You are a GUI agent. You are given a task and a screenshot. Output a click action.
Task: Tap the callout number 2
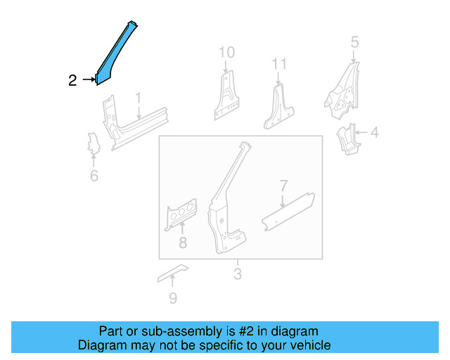pyautogui.click(x=72, y=81)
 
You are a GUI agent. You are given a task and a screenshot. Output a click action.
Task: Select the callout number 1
pyautogui.click(x=139, y=98)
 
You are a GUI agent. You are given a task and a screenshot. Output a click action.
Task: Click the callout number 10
pyautogui.click(x=226, y=52)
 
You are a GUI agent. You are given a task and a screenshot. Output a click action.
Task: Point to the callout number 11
pyautogui.click(x=280, y=65)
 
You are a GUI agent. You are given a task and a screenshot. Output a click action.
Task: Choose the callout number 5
pyautogui.click(x=354, y=44)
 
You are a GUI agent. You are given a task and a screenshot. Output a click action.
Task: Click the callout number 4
pyautogui.click(x=375, y=132)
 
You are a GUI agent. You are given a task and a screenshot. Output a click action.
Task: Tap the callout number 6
pyautogui.click(x=94, y=176)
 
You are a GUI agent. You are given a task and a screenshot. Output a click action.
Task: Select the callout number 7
pyautogui.click(x=283, y=186)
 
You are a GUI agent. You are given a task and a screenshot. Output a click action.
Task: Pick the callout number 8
pyautogui.click(x=182, y=243)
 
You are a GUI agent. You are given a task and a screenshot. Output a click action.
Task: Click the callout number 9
pyautogui.click(x=172, y=298)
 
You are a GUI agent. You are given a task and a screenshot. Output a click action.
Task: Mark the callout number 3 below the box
pyautogui.click(x=238, y=274)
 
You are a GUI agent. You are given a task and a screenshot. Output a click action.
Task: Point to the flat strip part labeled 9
pyautogui.click(x=173, y=273)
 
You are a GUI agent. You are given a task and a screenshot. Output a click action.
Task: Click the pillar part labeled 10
pyautogui.click(x=226, y=98)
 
